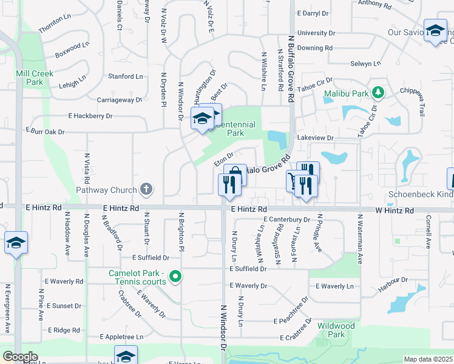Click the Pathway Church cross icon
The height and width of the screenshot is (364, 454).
click(x=146, y=189)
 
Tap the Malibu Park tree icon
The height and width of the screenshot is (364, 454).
click(x=379, y=92)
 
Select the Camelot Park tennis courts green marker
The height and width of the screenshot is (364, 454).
click(x=176, y=277)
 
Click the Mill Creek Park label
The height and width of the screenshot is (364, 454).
click(x=35, y=78)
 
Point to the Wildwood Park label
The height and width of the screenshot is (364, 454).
click(x=336, y=330)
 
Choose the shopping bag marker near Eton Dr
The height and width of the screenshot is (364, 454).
click(x=235, y=175)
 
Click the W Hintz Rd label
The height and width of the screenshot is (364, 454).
click(x=395, y=211)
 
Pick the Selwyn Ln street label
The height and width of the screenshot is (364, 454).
click(x=366, y=64)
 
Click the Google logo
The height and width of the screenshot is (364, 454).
click(x=20, y=357)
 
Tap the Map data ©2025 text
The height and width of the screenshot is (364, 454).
click(x=428, y=359)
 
